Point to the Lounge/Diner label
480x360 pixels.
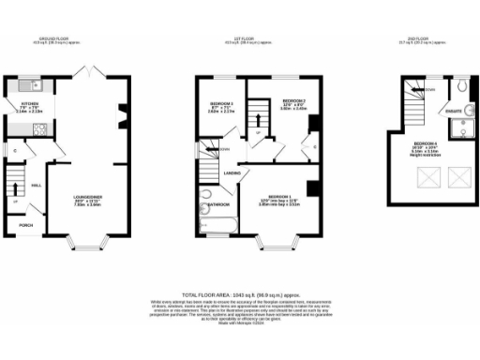coord(88,198)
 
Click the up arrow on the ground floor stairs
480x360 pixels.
coord(15,200)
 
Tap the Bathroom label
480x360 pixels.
coord(219,203)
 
